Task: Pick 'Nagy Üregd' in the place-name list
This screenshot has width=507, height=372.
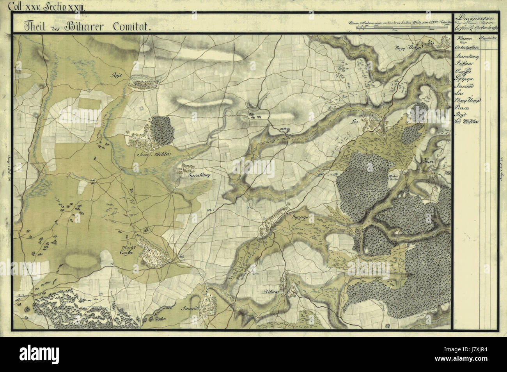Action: (x=468, y=100)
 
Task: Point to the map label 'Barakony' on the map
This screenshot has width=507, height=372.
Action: (x=199, y=176)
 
